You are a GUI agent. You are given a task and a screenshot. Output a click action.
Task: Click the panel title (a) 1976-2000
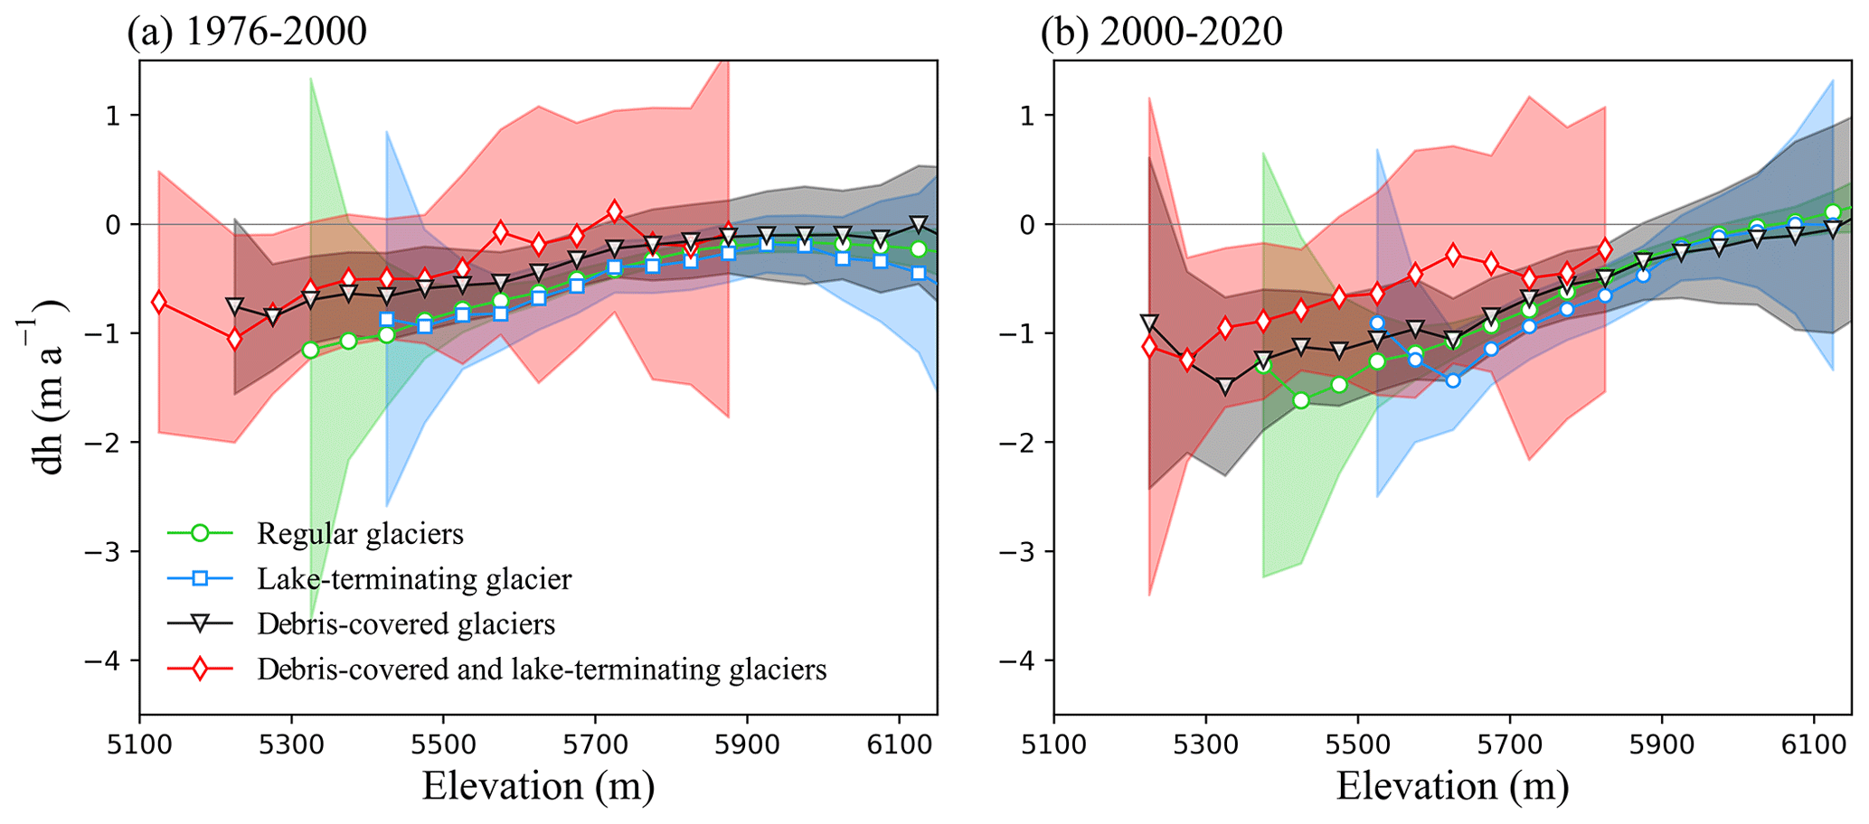[247, 32]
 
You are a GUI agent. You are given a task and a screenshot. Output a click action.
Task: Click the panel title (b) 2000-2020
[1161, 32]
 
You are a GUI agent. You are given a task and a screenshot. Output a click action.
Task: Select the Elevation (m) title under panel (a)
[538, 786]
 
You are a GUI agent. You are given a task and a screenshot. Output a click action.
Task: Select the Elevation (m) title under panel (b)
[1452, 786]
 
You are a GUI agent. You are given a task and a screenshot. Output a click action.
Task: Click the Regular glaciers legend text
[360, 534]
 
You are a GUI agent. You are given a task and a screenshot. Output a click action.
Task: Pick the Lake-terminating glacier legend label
[414, 579]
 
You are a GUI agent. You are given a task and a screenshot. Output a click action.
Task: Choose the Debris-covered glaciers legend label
[406, 624]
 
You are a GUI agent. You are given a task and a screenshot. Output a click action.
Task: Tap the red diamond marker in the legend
[200, 669]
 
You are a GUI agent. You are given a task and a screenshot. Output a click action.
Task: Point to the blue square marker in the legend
[200, 579]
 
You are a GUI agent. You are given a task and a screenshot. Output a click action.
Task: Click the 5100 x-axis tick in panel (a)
[139, 746]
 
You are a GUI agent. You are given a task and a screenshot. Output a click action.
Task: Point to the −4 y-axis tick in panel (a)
[108, 660]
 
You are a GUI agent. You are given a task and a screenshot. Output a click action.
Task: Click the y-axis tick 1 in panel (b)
[1028, 116]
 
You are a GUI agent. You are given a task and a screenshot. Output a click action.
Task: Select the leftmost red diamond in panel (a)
[159, 302]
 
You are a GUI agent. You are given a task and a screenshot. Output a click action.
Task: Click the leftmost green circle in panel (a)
[310, 350]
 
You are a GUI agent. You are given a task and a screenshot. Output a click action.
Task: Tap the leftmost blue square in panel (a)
[387, 319]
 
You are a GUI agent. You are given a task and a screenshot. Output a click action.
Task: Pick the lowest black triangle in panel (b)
[1225, 387]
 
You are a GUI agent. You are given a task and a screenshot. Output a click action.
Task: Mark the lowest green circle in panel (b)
[1301, 400]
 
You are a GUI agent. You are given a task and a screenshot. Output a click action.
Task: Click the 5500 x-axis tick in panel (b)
[1358, 746]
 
